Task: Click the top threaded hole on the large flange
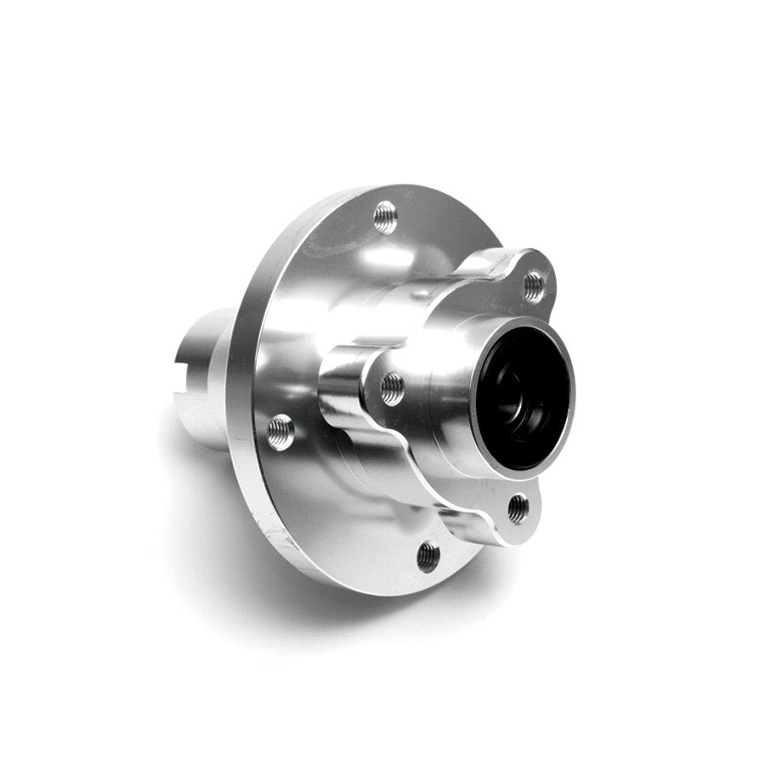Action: click(385, 216)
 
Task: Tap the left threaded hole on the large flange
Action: click(280, 432)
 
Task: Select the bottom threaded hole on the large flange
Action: click(428, 557)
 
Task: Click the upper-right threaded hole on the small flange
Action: click(533, 286)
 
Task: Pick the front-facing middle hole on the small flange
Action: click(392, 388)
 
